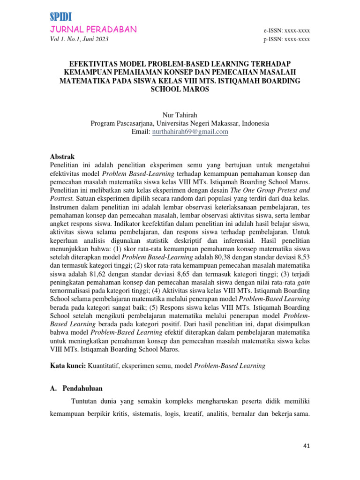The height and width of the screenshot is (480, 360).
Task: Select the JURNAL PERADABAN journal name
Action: [x=93, y=30]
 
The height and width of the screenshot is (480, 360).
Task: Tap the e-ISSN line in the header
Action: [x=287, y=30]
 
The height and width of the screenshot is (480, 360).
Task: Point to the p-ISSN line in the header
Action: [x=287, y=39]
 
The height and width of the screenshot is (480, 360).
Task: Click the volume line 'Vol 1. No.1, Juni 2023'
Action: [x=79, y=39]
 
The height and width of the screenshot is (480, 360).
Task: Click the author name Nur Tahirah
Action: [x=180, y=115]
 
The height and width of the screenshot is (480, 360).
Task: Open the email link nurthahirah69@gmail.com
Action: [x=190, y=132]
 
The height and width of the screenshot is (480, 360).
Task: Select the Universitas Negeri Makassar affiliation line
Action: [x=180, y=123]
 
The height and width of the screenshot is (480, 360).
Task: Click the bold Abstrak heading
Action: [x=62, y=157]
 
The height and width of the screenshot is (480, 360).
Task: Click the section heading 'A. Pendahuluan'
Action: [x=76, y=389]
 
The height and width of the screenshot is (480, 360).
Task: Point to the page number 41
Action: [x=306, y=446]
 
